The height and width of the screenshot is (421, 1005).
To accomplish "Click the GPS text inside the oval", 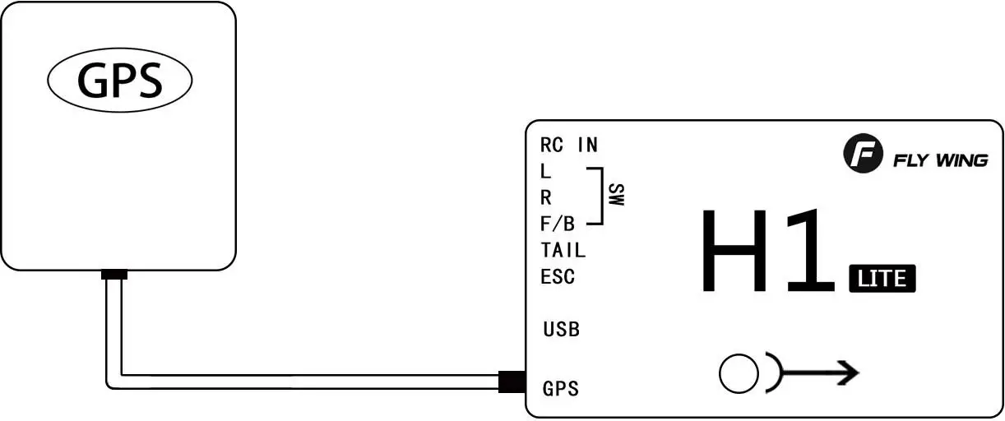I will pyautogui.click(x=119, y=81).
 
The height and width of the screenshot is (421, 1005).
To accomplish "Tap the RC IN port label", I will pyautogui.click(x=569, y=146).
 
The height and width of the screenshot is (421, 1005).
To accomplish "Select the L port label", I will pyautogui.click(x=546, y=172).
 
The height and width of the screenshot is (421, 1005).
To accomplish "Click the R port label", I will pyautogui.click(x=546, y=198).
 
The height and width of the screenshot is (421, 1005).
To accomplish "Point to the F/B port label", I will pyautogui.click(x=558, y=224).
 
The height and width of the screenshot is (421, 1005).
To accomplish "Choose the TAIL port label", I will pyautogui.click(x=563, y=251).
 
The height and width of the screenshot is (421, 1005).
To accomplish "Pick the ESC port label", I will pyautogui.click(x=558, y=277).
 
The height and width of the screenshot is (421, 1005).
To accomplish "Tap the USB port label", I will pyautogui.click(x=561, y=330).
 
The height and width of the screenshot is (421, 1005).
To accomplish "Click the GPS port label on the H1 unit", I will pyautogui.click(x=561, y=388).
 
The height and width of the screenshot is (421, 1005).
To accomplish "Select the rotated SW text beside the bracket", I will pyautogui.click(x=616, y=196).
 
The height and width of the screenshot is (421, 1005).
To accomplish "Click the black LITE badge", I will pyautogui.click(x=882, y=279).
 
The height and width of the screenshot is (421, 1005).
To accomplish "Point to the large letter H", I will pyautogui.click(x=735, y=251).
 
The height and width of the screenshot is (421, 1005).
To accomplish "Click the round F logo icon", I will pyautogui.click(x=862, y=155).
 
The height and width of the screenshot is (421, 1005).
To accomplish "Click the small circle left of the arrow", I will pyautogui.click(x=738, y=374).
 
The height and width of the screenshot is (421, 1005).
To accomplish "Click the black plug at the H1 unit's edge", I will pyautogui.click(x=512, y=382).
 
